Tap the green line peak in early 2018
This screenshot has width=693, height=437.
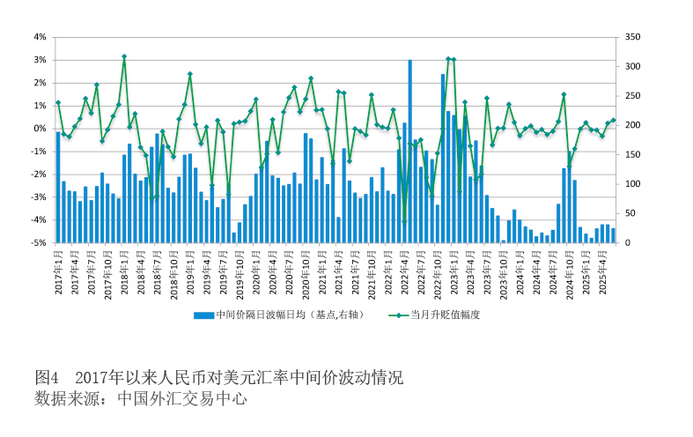pos(124,56)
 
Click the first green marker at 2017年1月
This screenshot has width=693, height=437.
pos(58,102)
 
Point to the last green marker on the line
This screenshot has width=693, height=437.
pos(613,120)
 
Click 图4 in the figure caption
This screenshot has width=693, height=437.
pos(47,377)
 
